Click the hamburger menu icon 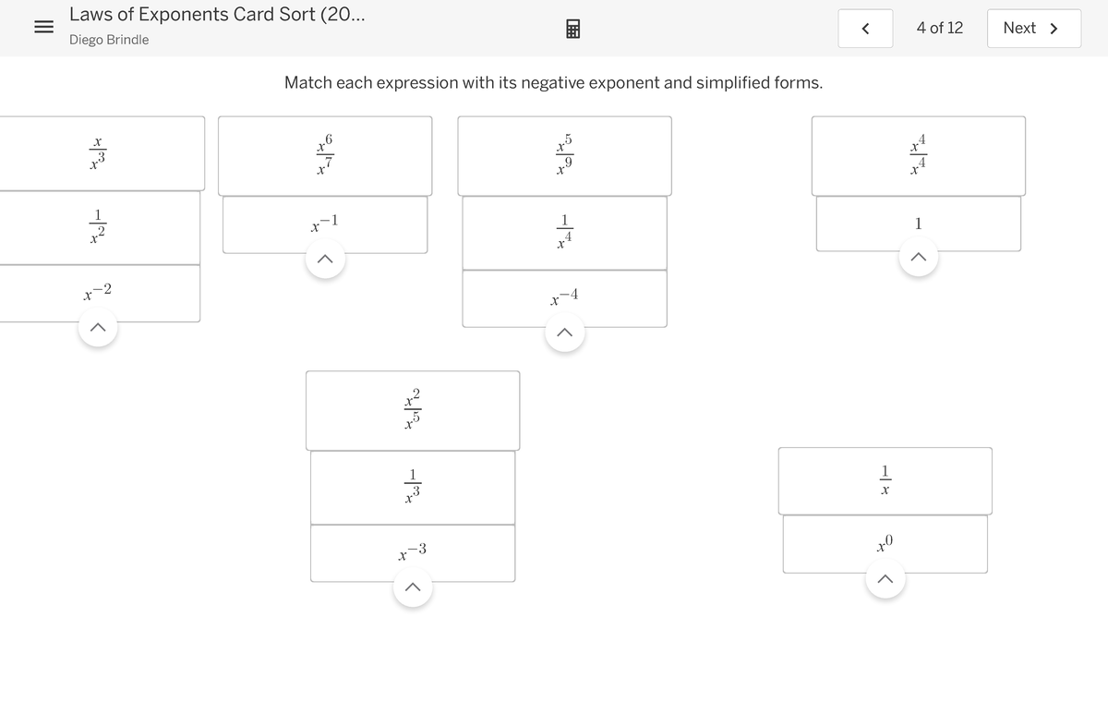coord(42,28)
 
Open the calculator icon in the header coord(572,30)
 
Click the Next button coord(1033,28)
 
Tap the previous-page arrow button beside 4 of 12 coord(865,29)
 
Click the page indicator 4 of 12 coord(939,28)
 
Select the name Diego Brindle coord(109,40)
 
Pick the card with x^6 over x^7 coord(324,155)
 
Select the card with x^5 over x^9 coord(564,155)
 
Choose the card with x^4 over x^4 coord(918,155)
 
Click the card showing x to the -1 coord(324,224)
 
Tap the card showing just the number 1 coord(918,223)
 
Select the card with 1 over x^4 coord(564,233)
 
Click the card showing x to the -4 coord(564,298)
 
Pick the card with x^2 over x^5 coord(413,410)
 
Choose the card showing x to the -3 coord(413,553)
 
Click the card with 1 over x coord(885,480)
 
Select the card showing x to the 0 coord(885,543)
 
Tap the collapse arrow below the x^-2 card coord(98,327)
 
